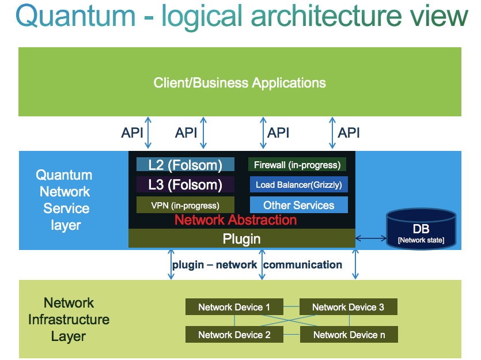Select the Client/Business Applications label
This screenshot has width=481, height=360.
240,82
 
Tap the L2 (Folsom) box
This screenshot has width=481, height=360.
185,165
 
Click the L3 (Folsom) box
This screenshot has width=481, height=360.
185,185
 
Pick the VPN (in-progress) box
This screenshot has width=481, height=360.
185,205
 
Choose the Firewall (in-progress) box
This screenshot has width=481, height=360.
297,165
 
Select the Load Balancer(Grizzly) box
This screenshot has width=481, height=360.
298,185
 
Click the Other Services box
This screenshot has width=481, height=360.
298,205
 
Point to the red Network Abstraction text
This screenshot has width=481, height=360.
236,219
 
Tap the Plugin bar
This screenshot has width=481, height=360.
241,238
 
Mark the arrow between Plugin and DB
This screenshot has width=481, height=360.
371,237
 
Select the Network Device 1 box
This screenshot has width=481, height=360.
234,307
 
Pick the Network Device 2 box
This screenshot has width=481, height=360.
234,334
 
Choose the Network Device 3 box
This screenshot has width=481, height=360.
348,307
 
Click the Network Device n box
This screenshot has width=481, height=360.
348,334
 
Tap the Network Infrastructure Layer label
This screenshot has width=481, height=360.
69,319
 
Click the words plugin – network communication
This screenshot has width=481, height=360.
257,265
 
